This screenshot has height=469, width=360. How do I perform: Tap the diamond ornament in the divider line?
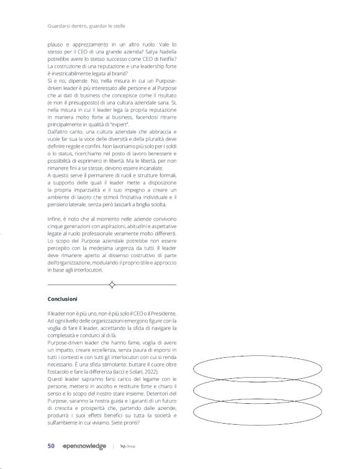pos(112,285)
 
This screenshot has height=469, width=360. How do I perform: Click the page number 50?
pos(52,445)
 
